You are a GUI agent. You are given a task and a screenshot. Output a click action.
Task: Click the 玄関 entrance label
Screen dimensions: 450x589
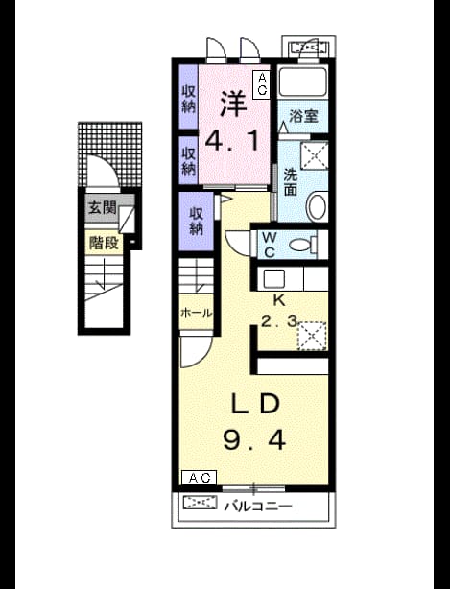pyautogui.click(x=102, y=207)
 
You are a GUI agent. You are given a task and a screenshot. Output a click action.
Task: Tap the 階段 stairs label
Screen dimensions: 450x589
pyautogui.click(x=104, y=243)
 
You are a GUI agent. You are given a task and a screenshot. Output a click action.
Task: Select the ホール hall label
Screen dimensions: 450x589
pyautogui.click(x=197, y=313)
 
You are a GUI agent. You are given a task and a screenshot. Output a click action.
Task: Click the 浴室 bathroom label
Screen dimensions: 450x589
pyautogui.click(x=303, y=116)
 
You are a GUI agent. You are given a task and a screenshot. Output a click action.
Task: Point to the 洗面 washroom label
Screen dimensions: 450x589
pyautogui.click(x=291, y=182)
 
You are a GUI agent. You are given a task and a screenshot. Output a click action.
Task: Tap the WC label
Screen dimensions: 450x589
pyautogui.click(x=270, y=245)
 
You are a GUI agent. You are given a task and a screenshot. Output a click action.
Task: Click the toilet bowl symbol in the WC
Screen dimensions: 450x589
pyautogui.click(x=303, y=245)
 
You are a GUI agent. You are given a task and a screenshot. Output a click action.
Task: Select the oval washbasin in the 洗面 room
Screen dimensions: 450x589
pyautogui.click(x=317, y=206)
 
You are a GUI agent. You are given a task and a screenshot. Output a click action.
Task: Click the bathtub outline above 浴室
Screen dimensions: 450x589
pyautogui.click(x=302, y=82)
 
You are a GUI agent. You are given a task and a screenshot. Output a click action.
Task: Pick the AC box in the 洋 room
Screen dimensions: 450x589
pyautogui.click(x=261, y=84)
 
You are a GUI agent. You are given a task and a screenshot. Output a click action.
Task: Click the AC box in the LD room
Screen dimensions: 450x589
pyautogui.click(x=199, y=478)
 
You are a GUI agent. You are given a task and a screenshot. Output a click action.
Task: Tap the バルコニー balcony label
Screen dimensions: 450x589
pyautogui.click(x=258, y=506)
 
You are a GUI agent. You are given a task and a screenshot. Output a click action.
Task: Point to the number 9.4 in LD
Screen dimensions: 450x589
pyautogui.click(x=254, y=439)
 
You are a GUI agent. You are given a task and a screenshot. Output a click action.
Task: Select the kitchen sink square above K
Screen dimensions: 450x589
pyautogui.click(x=273, y=279)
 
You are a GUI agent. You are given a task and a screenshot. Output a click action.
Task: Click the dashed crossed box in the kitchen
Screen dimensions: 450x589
pyautogui.click(x=312, y=336)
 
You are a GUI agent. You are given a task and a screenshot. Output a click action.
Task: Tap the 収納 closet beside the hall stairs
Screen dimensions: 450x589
pyautogui.click(x=196, y=221)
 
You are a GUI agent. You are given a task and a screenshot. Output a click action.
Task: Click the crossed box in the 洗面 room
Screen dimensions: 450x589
pyautogui.click(x=315, y=156)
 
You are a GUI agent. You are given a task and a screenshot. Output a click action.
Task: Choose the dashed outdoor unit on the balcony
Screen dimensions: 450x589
pyautogui.click(x=201, y=503)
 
